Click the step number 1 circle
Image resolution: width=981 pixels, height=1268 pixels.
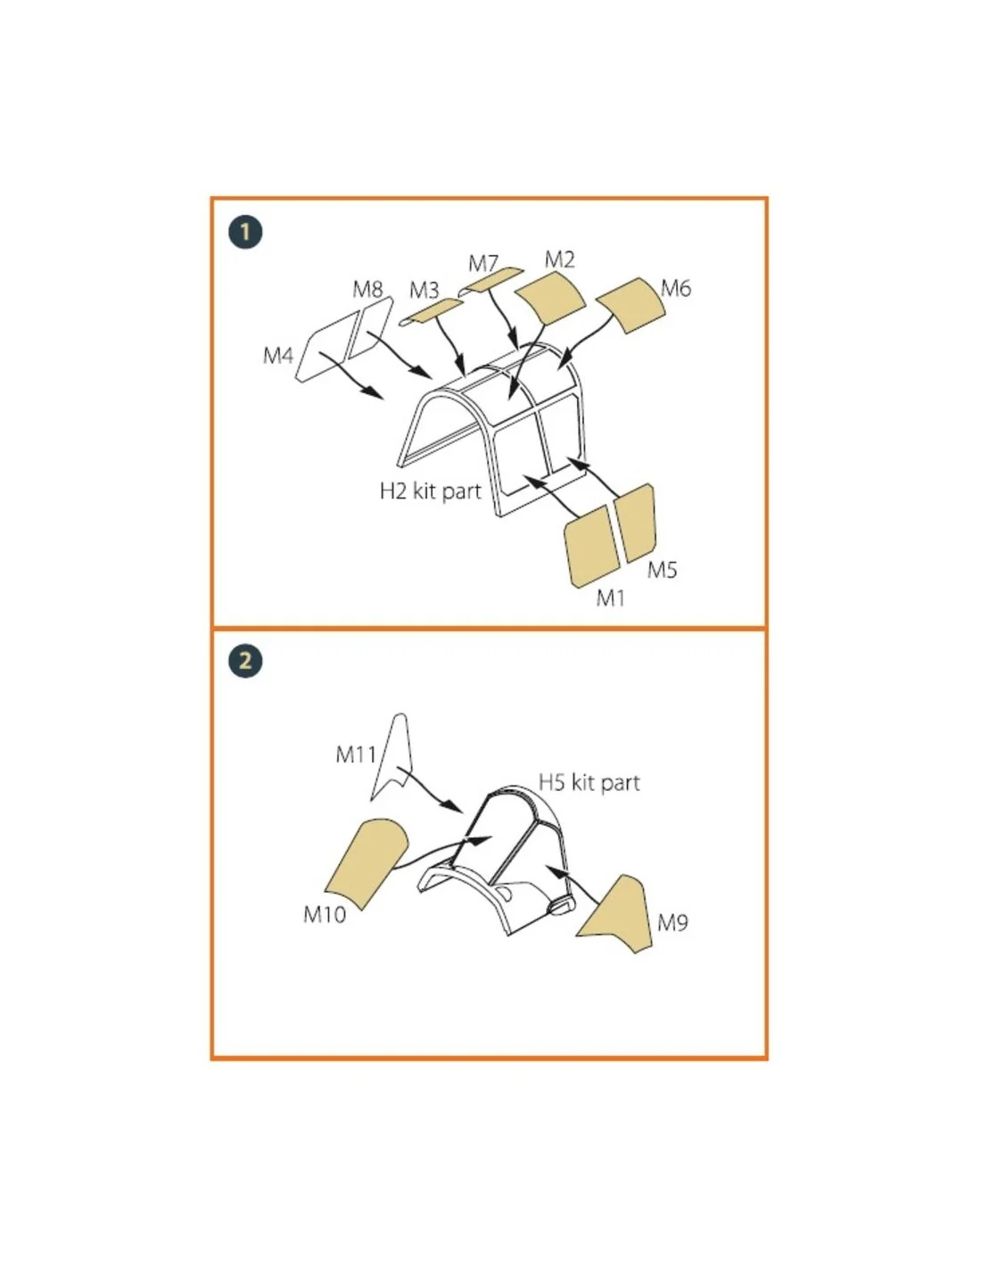245,232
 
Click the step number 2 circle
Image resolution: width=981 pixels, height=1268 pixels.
245,660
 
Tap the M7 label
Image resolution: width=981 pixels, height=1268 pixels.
483,264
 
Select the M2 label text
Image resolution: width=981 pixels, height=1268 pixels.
559,259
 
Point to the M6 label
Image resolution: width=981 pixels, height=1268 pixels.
675,288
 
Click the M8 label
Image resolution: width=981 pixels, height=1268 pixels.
367,289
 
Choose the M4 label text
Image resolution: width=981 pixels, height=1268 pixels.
277,355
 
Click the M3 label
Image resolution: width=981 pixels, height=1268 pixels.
424,290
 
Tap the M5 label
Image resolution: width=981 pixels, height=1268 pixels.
662,570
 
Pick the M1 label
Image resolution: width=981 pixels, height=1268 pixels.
610,597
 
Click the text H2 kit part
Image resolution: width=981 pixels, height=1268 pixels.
430,490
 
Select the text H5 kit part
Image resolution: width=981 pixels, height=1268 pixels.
589,783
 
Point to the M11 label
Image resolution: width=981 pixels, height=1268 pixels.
356,754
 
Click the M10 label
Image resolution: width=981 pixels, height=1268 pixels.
325,914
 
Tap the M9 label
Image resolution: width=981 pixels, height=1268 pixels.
672,923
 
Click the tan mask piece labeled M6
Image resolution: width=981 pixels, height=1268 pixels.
631,305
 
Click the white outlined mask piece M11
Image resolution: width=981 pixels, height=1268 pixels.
394,759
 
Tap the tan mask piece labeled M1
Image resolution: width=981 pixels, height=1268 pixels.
591,546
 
